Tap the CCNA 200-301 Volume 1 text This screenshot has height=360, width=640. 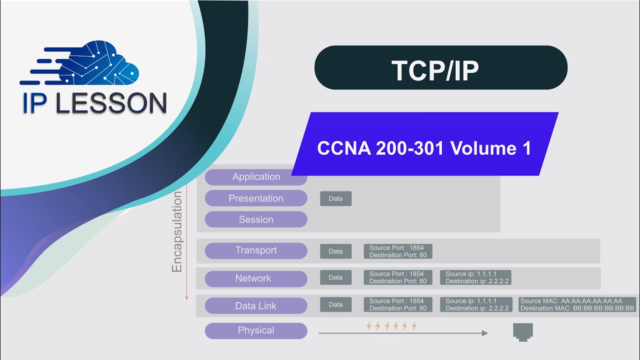click(x=424, y=148)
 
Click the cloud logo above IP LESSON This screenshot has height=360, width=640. click(x=100, y=62)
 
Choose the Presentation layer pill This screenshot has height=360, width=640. click(x=256, y=198)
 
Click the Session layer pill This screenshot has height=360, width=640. click(x=256, y=220)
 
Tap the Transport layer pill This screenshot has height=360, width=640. click(x=256, y=250)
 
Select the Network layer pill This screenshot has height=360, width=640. click(x=256, y=278)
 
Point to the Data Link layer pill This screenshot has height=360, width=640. click(x=256, y=306)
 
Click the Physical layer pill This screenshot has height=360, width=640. click(x=256, y=330)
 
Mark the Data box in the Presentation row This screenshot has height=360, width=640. click(x=335, y=198)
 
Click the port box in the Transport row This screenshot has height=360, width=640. click(x=398, y=251)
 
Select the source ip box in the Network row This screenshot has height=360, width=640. click(x=475, y=277)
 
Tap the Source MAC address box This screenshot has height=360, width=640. click(x=577, y=304)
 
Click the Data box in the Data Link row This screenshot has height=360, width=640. click(x=335, y=304)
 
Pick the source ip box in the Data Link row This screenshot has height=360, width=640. click(x=475, y=304)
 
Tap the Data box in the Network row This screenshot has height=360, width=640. click(x=335, y=277)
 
